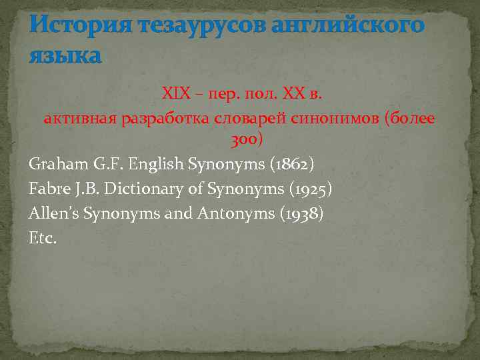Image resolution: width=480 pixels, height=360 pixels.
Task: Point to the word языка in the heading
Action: point(65,55)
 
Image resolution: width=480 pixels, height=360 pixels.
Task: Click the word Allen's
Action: point(53,213)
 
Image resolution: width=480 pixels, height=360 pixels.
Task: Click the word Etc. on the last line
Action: point(43,237)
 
